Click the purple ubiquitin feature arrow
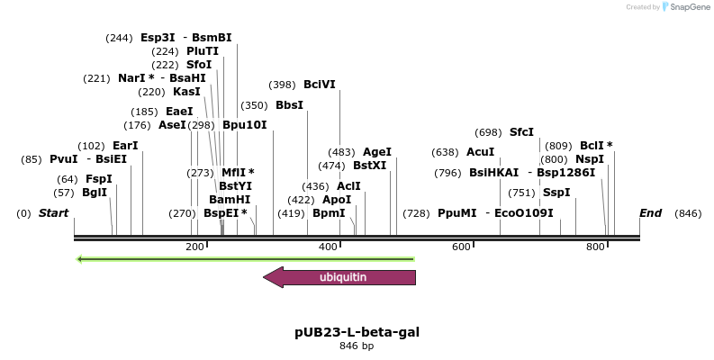pos(342,277)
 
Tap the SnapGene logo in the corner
pos(685,7)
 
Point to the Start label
pos(53,213)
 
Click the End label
pos(650,213)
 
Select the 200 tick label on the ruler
pos(194,247)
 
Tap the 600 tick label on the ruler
pos(461,247)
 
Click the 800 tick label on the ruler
pos(594,247)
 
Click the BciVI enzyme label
pos(319,85)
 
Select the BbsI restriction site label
pos(289,105)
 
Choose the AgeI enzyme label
pos(376,152)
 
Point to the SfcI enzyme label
pos(521,132)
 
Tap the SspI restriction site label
pos(556,193)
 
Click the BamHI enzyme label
pos(230,199)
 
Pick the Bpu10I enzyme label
pos(245,125)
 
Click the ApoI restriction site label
pos(337,200)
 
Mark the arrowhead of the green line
pos(80,259)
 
